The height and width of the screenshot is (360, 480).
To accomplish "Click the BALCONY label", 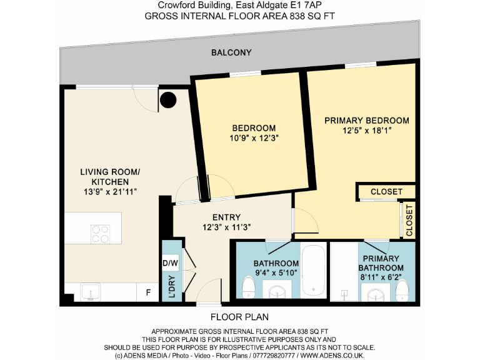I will pyautogui.click(x=231, y=52).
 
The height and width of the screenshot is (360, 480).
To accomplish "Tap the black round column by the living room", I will pyautogui.click(x=167, y=99).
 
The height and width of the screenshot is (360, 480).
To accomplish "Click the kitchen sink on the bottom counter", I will pyautogui.click(x=91, y=292).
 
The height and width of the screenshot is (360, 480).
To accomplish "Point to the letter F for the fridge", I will pyautogui.click(x=148, y=292).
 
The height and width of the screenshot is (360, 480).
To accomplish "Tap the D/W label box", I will pyautogui.click(x=170, y=263).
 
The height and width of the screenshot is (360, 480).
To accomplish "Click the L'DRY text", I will pyautogui.click(x=171, y=289).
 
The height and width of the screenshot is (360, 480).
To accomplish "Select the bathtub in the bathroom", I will pyautogui.click(x=312, y=270).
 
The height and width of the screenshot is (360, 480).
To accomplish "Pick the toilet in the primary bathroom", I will pyautogui.click(x=402, y=288).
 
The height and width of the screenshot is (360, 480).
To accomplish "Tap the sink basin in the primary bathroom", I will pyautogui.click(x=376, y=292).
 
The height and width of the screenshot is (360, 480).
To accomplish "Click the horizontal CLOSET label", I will pyautogui.click(x=387, y=191).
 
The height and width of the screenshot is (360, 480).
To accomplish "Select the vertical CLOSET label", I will pyautogui.click(x=409, y=220).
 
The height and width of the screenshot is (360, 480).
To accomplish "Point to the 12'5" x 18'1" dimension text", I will pyautogui.click(x=367, y=131).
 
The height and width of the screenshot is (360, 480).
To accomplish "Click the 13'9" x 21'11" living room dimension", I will pyautogui.click(x=109, y=192).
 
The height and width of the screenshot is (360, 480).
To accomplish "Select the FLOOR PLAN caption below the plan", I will pyautogui.click(x=239, y=317).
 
